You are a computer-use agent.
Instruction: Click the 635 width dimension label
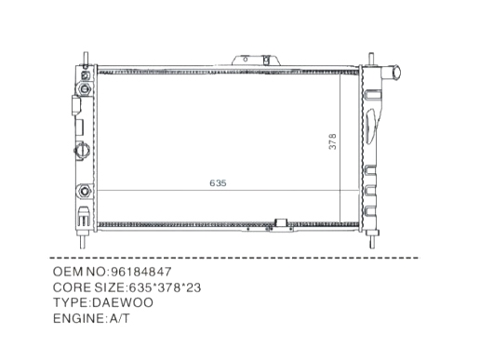(218, 183)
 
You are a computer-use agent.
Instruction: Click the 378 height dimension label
(332, 141)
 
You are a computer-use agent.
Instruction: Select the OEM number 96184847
(141, 272)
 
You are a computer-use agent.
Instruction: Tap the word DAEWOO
(123, 302)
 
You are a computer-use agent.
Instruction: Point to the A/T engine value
(119, 318)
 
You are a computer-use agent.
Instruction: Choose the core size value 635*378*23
(165, 287)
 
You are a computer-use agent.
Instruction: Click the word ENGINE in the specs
(78, 318)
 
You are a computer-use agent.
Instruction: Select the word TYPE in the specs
(71, 302)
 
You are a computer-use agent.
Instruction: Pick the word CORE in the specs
(72, 287)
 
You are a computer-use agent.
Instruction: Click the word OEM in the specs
(68, 272)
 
